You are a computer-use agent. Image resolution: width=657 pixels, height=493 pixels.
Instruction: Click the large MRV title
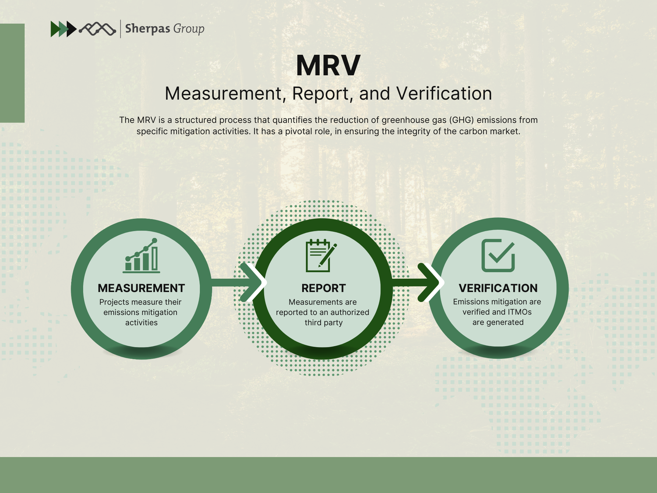pyautogui.click(x=328, y=66)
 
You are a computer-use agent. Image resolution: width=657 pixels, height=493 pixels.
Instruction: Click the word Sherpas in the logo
pyautogui.click(x=147, y=29)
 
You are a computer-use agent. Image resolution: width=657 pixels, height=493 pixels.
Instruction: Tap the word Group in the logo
pyautogui.click(x=189, y=29)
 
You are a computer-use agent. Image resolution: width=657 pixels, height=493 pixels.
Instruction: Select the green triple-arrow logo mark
pyautogui.click(x=63, y=29)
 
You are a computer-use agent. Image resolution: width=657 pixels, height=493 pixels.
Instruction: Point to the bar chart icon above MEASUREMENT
pyautogui.click(x=141, y=256)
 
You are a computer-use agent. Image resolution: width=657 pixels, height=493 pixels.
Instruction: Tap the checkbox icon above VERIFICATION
pyautogui.click(x=498, y=255)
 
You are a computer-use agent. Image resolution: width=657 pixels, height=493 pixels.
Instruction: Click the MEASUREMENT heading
pyautogui.click(x=141, y=288)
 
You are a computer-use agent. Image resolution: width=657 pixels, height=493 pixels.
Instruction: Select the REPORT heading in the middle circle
pyautogui.click(x=323, y=288)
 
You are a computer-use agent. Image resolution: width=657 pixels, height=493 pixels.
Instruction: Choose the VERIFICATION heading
pyautogui.click(x=498, y=288)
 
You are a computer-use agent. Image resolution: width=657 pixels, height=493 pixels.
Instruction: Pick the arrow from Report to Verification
pyautogui.click(x=420, y=282)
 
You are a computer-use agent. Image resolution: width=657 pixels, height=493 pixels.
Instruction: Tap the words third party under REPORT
pyautogui.click(x=323, y=323)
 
